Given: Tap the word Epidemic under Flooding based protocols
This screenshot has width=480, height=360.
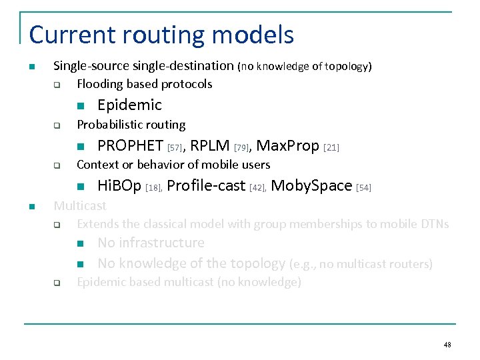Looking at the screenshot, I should pyautogui.click(x=129, y=105).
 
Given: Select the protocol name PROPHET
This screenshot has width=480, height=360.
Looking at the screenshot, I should pyautogui.click(x=130, y=145).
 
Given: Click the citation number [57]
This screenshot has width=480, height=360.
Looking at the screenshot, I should pyautogui.click(x=175, y=147).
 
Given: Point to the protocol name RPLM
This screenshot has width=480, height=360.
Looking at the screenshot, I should pyautogui.click(x=210, y=145).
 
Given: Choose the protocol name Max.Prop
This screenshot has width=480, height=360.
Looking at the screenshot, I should pyautogui.click(x=287, y=145).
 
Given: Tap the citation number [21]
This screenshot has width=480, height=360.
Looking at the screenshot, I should pyautogui.click(x=331, y=147).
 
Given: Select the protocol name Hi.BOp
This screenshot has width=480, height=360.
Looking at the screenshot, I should pyautogui.click(x=119, y=185).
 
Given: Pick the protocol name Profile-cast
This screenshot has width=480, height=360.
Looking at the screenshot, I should pyautogui.click(x=206, y=185).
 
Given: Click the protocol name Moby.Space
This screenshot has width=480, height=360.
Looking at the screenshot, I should pyautogui.click(x=311, y=185).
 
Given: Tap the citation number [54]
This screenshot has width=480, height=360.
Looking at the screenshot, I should pyautogui.click(x=363, y=188).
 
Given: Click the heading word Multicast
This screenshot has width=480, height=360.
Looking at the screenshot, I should pyautogui.click(x=80, y=206).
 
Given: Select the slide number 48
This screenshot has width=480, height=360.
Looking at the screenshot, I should pyautogui.click(x=447, y=345).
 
